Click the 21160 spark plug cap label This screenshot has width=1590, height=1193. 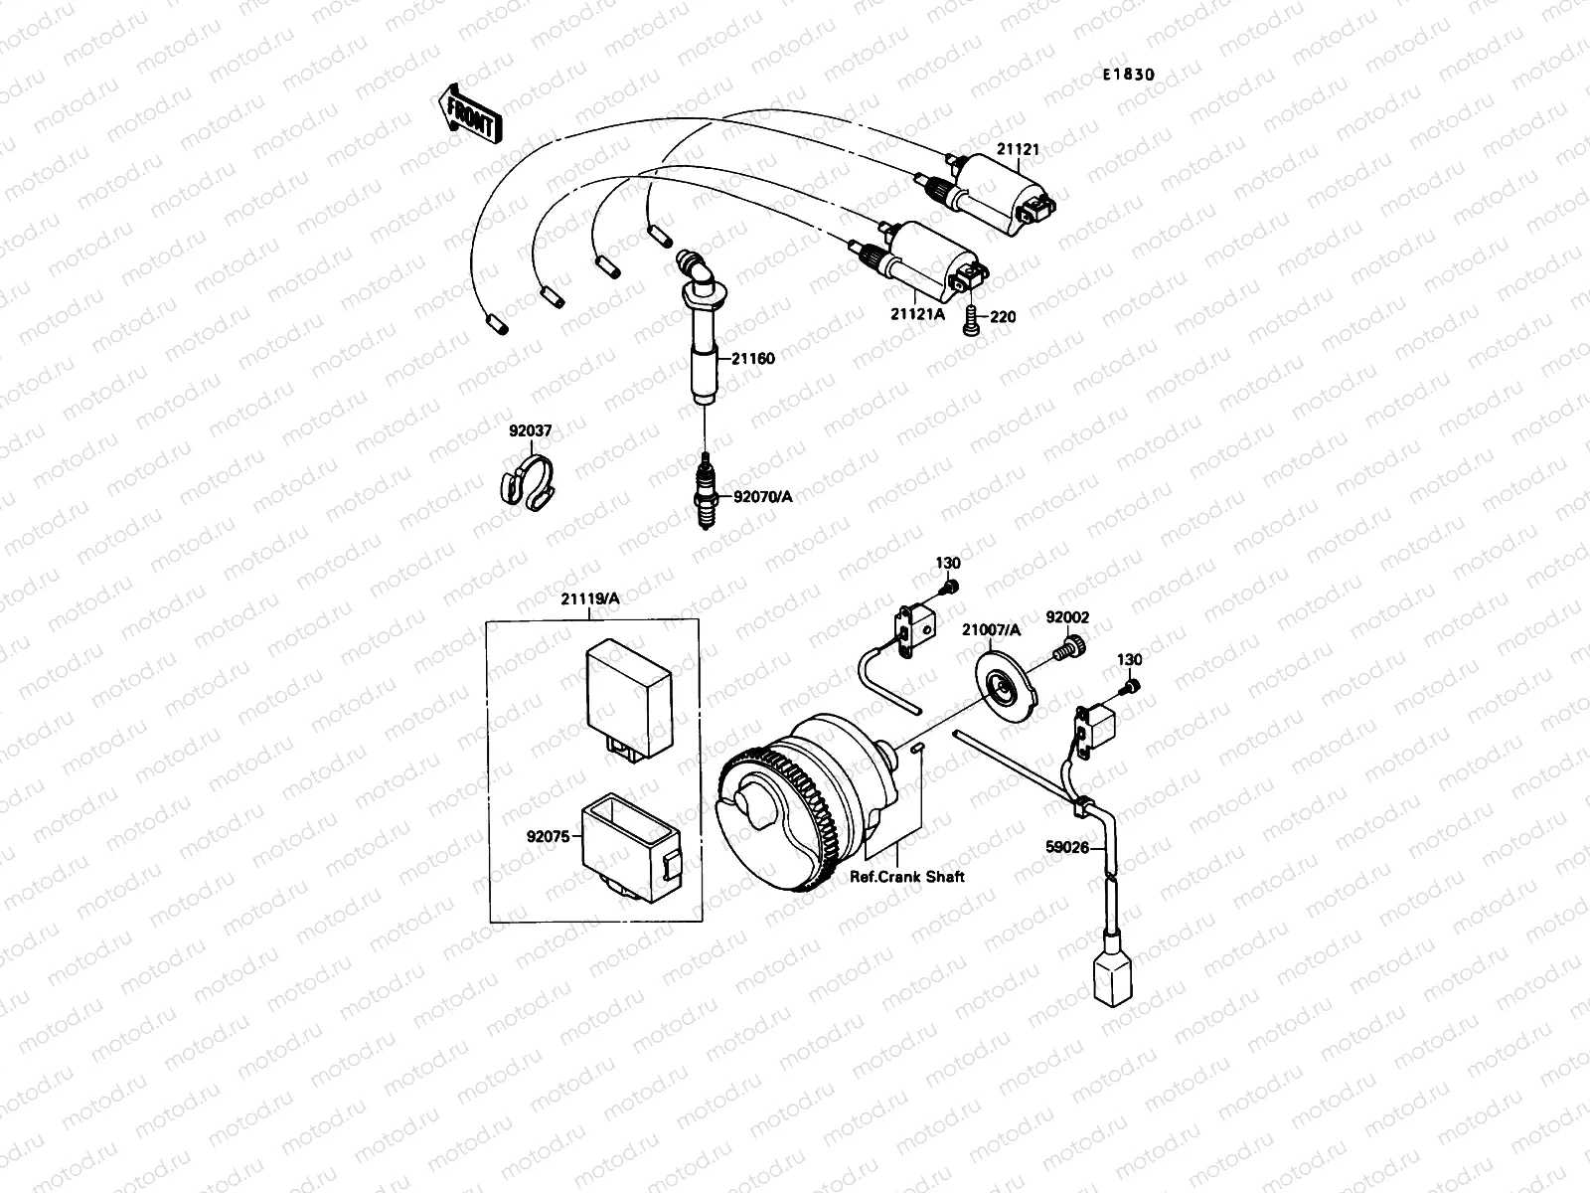(x=753, y=359)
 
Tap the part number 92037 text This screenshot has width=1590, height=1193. (x=531, y=430)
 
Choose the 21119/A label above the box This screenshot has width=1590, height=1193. (x=590, y=598)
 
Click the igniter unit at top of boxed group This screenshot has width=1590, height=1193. (x=625, y=685)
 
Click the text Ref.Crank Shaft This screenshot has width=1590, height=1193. (x=906, y=877)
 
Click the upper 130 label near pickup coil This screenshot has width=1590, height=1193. (x=948, y=563)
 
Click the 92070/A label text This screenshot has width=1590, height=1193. (x=763, y=497)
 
